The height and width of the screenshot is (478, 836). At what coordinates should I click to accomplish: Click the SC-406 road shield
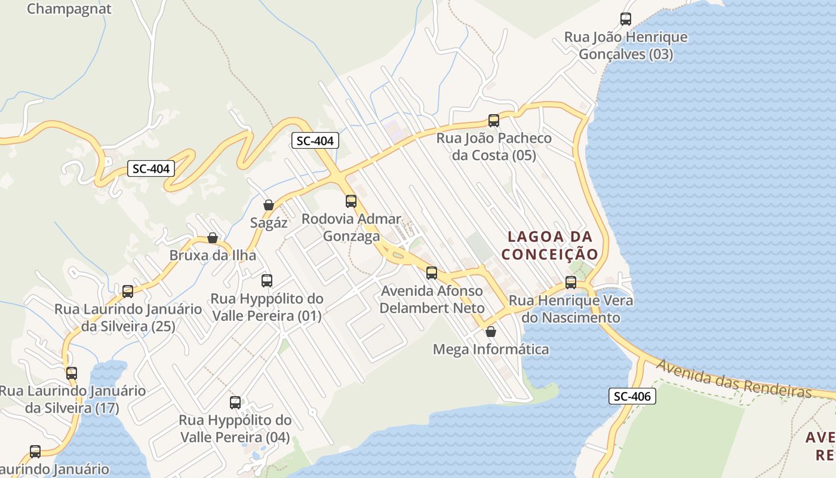click(x=632, y=396)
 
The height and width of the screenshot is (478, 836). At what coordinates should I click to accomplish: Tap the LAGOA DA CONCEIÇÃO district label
click(x=549, y=245)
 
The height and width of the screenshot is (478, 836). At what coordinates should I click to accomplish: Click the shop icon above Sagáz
click(x=269, y=205)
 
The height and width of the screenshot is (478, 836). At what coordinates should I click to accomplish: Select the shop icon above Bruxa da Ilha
click(x=212, y=238)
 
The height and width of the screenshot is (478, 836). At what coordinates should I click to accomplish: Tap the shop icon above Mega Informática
click(x=491, y=331)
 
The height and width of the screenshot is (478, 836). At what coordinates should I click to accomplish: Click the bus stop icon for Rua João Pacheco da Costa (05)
click(x=493, y=120)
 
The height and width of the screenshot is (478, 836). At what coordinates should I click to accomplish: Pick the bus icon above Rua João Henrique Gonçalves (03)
click(x=625, y=19)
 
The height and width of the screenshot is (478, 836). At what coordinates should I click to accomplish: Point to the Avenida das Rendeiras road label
click(x=734, y=379)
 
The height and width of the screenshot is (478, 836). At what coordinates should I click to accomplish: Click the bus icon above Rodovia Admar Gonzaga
click(x=351, y=201)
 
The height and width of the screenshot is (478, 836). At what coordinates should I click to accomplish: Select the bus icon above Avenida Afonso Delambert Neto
click(x=431, y=273)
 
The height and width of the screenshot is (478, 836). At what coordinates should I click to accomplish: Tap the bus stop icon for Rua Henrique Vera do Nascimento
click(x=570, y=282)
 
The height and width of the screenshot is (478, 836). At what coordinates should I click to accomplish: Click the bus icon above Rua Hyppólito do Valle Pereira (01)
click(x=266, y=280)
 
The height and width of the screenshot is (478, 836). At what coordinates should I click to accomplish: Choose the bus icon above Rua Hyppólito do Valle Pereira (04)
click(x=235, y=402)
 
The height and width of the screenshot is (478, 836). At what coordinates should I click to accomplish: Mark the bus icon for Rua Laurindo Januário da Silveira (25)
click(x=127, y=291)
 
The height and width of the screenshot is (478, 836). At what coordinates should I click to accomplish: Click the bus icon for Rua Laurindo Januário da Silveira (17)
click(x=72, y=373)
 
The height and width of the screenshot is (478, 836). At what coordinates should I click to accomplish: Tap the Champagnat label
click(x=69, y=9)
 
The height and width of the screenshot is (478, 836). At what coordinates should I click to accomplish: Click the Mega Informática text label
click(x=491, y=349)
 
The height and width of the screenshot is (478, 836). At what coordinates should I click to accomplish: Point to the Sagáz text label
click(x=269, y=223)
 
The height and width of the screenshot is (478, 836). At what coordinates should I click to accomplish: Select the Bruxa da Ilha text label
click(x=213, y=255)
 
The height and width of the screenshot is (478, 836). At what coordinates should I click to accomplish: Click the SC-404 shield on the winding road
click(x=151, y=168)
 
